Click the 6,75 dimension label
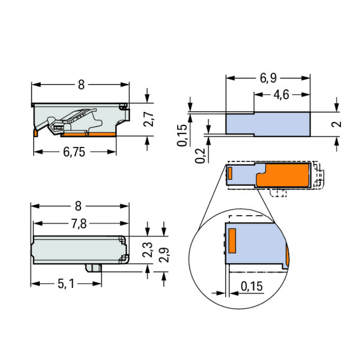click(74, 152)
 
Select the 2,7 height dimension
click(149, 119)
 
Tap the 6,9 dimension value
click(268, 78)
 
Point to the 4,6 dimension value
click(281, 95)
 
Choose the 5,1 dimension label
click(66, 284)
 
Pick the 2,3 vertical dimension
click(148, 250)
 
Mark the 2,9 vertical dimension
click(164, 255)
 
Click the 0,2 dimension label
click(201, 156)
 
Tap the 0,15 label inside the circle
click(252, 286)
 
